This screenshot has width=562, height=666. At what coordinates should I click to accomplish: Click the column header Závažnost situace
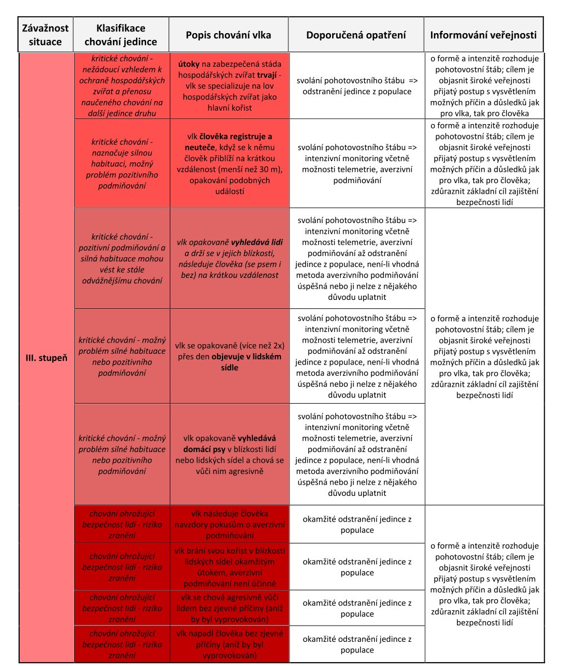point(46,35)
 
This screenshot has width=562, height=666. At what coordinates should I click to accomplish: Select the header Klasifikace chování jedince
point(121,35)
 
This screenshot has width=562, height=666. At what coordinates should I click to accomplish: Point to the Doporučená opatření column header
point(356,35)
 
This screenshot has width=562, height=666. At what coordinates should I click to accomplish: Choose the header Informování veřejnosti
point(483,35)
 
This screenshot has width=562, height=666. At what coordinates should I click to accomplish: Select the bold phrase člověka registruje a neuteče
point(229,142)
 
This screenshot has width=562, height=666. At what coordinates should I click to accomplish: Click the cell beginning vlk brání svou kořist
point(229,567)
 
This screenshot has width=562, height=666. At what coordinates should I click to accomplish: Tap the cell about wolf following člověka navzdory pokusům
point(229,524)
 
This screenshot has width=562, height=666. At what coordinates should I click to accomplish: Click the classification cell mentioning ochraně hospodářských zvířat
point(121,85)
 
